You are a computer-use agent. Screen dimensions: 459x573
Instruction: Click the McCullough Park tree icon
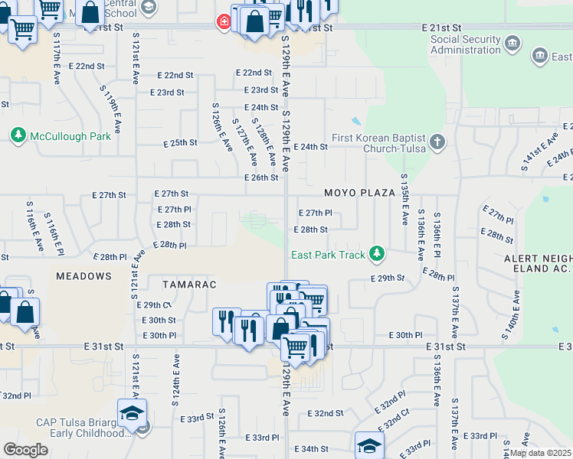click(x=18, y=135)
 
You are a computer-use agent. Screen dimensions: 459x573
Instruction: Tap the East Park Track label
click(x=328, y=255)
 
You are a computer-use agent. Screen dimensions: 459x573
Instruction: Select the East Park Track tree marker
click(x=376, y=252)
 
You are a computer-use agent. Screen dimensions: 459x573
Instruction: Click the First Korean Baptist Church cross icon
click(x=437, y=142)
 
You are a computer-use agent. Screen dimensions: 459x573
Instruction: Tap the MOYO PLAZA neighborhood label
click(x=358, y=194)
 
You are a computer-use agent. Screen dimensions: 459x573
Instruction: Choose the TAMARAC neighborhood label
click(x=184, y=285)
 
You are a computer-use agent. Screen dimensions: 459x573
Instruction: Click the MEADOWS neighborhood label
click(x=83, y=275)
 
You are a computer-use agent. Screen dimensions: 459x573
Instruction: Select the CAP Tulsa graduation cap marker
click(x=132, y=413)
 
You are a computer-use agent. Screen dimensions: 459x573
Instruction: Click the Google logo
click(x=25, y=449)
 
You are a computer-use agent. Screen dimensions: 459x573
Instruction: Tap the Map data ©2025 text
click(x=540, y=453)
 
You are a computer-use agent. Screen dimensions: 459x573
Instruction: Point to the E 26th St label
click(x=261, y=177)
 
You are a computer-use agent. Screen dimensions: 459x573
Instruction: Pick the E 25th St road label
click(x=181, y=143)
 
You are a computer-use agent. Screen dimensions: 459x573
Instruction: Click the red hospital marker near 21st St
click(x=224, y=22)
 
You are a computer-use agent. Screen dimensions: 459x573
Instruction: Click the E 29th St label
click(x=388, y=278)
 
